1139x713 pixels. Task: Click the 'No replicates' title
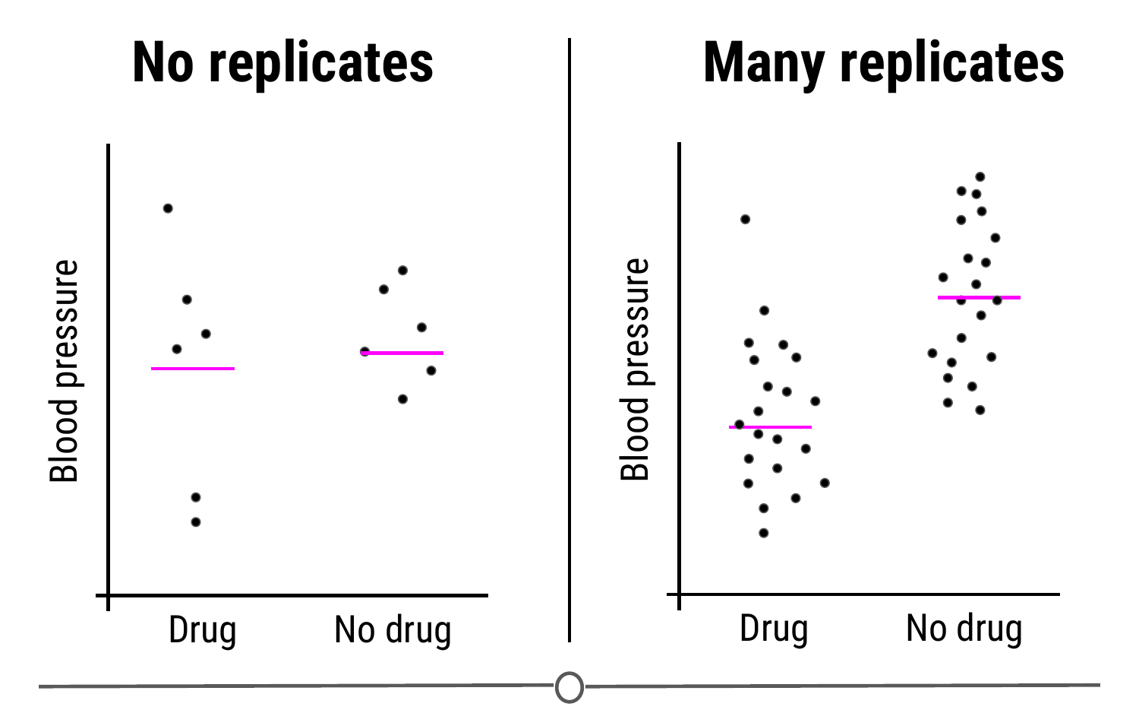click(x=282, y=63)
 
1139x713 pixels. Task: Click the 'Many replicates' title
click(x=884, y=63)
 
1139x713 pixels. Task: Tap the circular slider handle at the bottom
click(x=569, y=687)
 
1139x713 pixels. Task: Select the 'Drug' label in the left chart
click(x=202, y=630)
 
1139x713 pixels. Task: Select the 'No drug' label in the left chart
click(x=393, y=630)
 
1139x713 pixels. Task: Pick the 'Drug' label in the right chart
click(x=774, y=629)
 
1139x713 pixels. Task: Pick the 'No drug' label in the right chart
click(x=964, y=629)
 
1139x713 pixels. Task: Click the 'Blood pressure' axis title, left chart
click(x=65, y=371)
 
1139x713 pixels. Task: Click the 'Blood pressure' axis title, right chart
click(x=636, y=369)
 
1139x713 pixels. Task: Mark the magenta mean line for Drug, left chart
click(x=193, y=369)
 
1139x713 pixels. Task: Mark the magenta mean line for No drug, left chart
click(x=402, y=353)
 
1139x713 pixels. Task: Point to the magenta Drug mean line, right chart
click(x=771, y=427)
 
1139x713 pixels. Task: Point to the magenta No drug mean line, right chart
click(x=979, y=297)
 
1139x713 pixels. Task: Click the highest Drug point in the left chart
click(x=168, y=208)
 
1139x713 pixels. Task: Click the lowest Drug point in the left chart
click(x=196, y=522)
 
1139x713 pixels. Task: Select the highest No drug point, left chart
click(x=403, y=271)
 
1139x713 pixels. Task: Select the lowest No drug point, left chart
click(x=403, y=399)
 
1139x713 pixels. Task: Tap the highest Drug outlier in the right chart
click(x=746, y=220)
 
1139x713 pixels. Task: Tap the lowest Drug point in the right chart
click(x=764, y=533)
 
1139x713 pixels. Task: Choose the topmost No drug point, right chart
click(x=980, y=177)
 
